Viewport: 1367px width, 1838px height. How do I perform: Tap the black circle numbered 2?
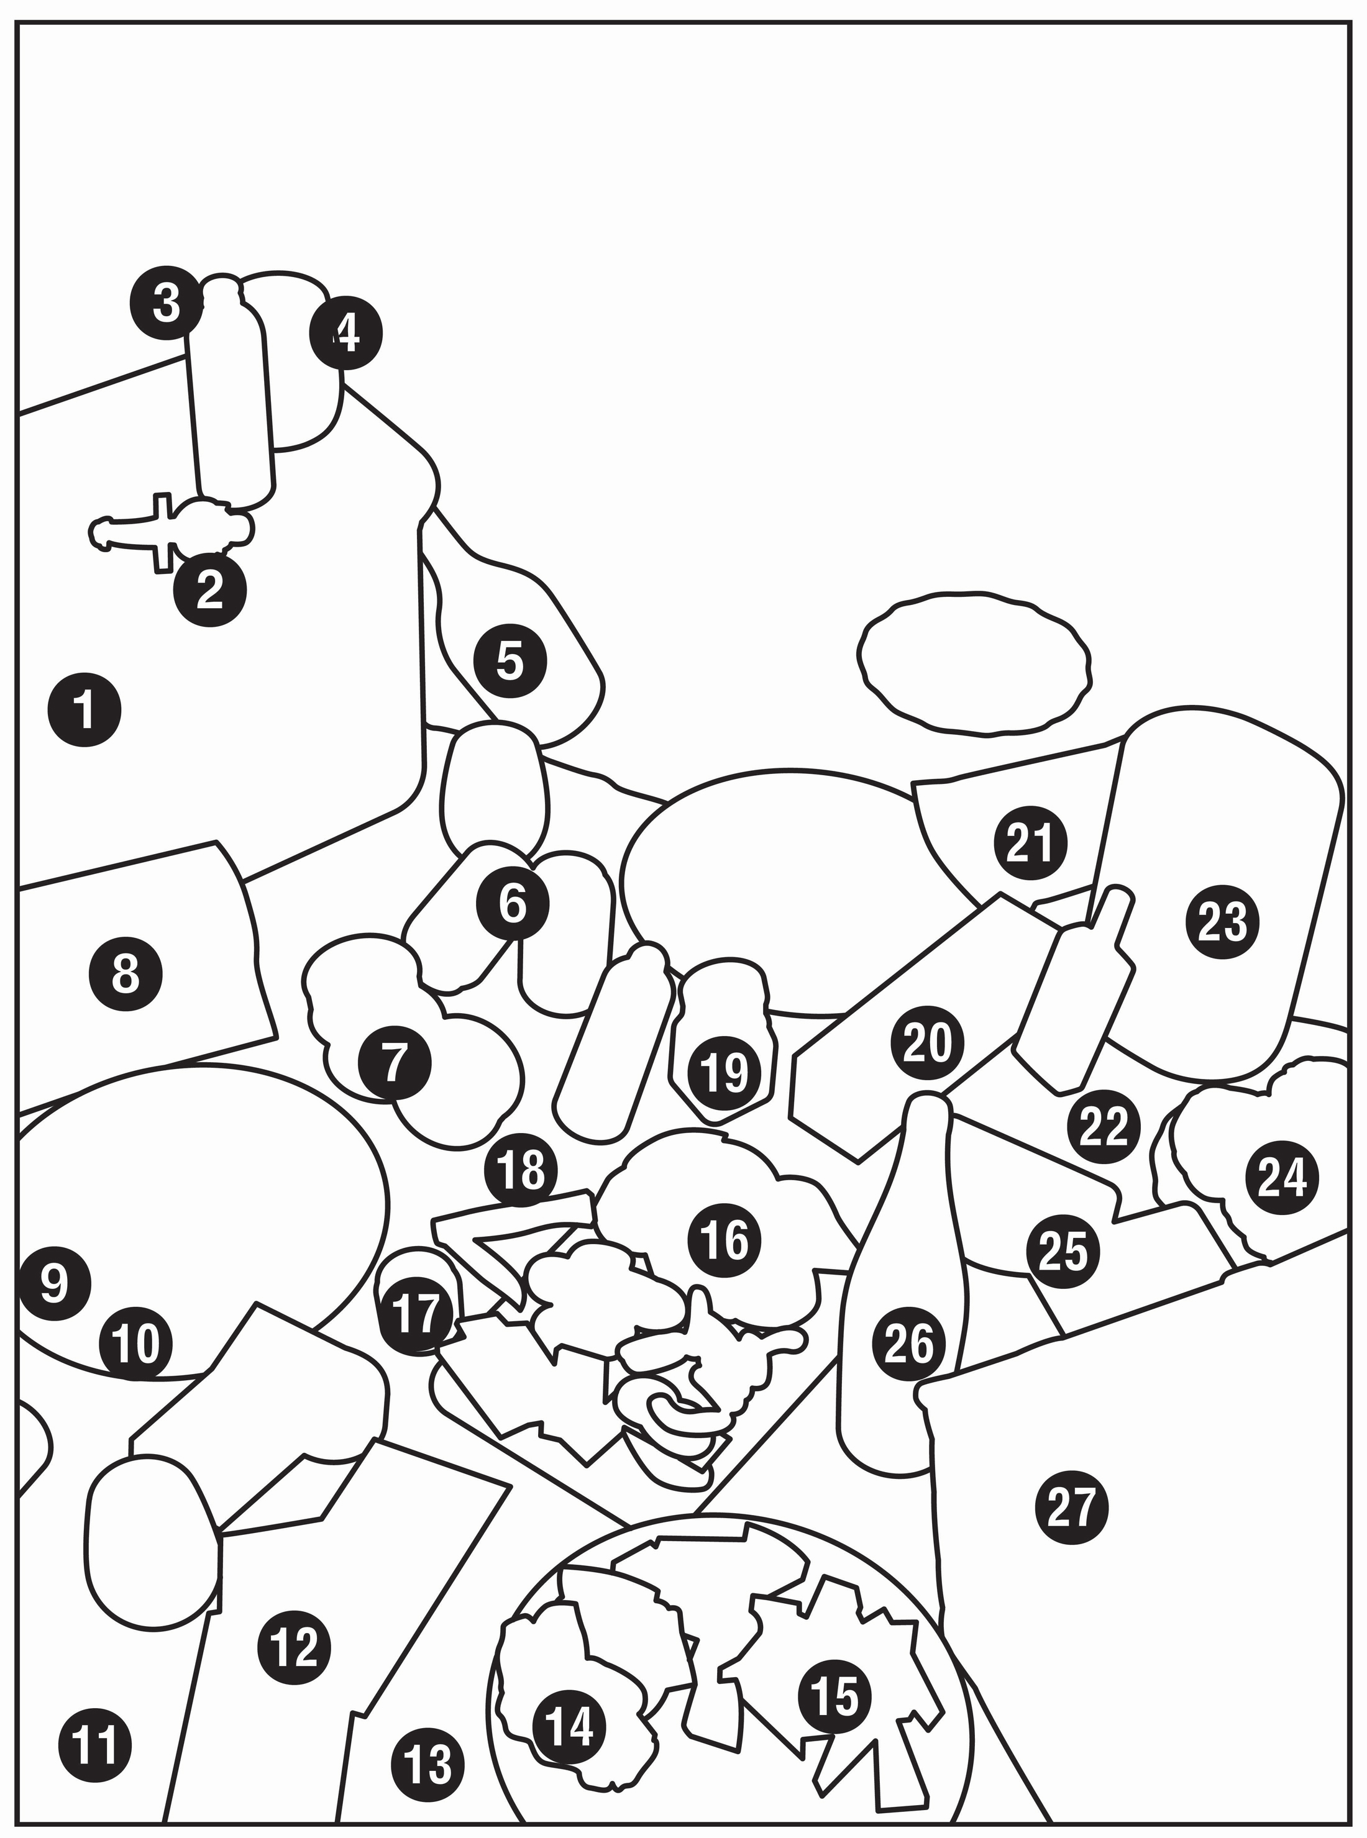pos(209,589)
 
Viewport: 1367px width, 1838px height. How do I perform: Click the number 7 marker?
pos(395,1063)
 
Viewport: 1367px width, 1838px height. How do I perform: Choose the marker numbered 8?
pos(125,975)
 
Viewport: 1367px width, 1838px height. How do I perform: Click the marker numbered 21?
pos(1030,843)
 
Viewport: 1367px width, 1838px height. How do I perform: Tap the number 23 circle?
pos(1222,922)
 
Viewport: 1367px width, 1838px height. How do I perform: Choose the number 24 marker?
pos(1282,1177)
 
